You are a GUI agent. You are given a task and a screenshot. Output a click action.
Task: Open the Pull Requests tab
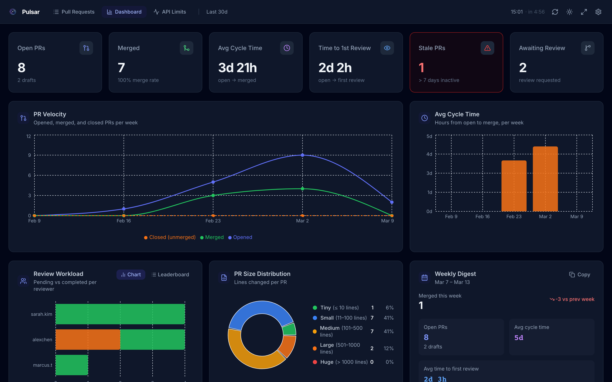pyautogui.click(x=74, y=12)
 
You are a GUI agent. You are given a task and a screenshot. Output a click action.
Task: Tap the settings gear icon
pyautogui.click(x=598, y=12)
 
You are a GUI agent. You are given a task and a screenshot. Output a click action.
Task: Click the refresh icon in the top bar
pyautogui.click(x=555, y=12)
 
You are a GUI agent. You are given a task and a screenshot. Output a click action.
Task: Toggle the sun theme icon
pyautogui.click(x=569, y=12)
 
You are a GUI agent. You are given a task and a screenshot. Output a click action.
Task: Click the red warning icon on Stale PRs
pyautogui.click(x=487, y=48)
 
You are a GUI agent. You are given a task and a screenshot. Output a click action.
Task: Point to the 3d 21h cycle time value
pyautogui.click(x=237, y=68)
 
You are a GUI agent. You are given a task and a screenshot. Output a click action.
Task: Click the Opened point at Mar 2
pyautogui.click(x=302, y=155)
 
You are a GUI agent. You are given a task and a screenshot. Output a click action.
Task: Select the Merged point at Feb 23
pyautogui.click(x=213, y=195)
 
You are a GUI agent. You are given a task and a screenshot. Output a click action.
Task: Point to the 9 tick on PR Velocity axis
pyautogui.click(x=30, y=155)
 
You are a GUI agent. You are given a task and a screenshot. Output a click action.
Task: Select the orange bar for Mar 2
pyautogui.click(x=545, y=179)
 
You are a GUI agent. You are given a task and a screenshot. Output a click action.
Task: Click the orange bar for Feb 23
pyautogui.click(x=514, y=186)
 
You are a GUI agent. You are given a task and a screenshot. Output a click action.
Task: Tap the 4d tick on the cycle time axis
pyautogui.click(x=429, y=154)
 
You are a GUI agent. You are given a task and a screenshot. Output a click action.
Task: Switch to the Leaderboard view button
pyautogui.click(x=170, y=275)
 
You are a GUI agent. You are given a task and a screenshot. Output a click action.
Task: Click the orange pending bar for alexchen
pyautogui.click(x=88, y=340)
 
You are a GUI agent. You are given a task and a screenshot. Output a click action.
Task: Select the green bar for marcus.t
pyautogui.click(x=72, y=365)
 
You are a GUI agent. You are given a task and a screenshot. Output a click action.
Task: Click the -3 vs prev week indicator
pyautogui.click(x=572, y=299)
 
